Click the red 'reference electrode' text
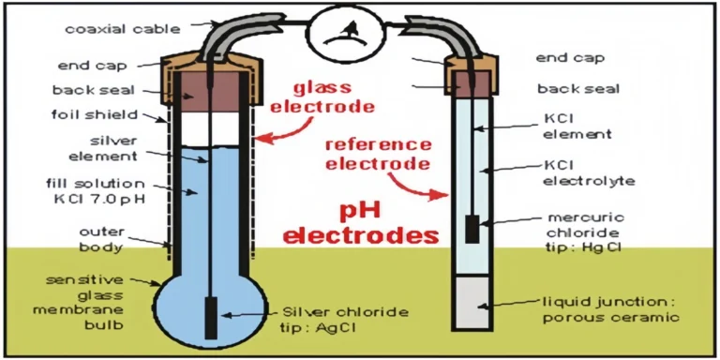pos(377,155)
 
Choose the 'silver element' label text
pos(110,150)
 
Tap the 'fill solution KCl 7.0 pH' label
pos(106,190)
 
